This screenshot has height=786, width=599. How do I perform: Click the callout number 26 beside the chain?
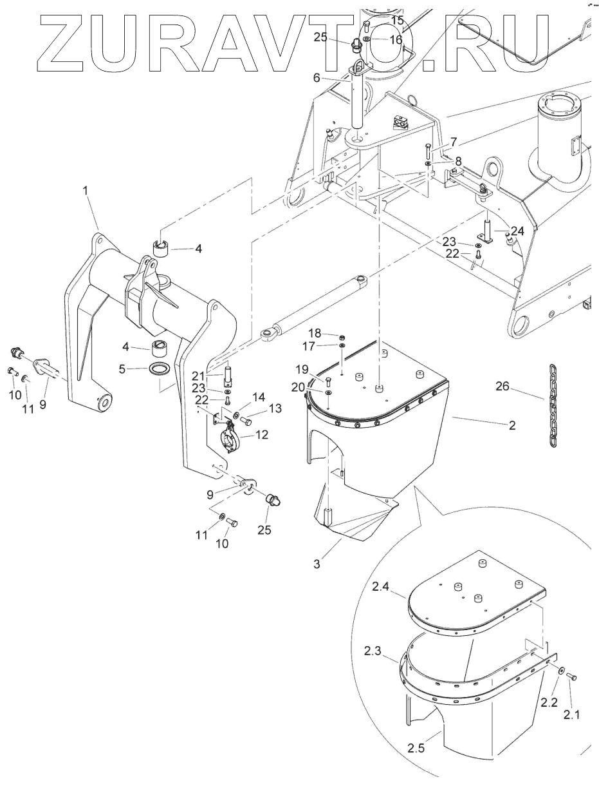click(502, 387)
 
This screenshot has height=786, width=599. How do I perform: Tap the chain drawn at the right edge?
click(552, 406)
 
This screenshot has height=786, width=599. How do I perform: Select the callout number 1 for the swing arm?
click(85, 191)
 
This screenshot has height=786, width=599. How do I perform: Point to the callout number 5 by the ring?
click(122, 369)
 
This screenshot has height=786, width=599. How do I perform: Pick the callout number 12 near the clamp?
click(262, 435)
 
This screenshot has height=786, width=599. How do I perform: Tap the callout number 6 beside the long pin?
click(317, 78)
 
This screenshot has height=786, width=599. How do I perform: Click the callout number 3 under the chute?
click(317, 564)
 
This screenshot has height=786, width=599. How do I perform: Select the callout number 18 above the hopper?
click(315, 333)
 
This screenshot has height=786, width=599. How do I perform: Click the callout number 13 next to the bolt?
click(275, 408)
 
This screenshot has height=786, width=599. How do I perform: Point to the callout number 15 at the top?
click(397, 20)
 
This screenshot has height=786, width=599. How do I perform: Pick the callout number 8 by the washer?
click(458, 161)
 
